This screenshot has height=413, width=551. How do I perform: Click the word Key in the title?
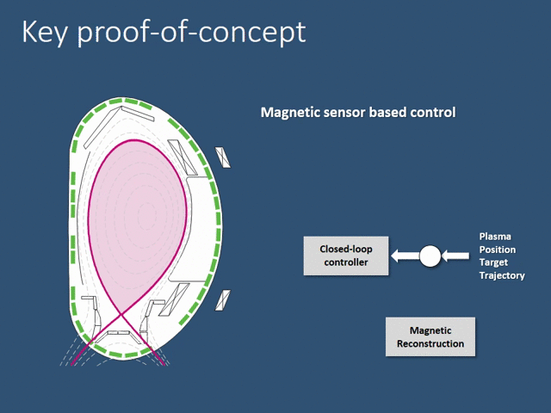pyautogui.click(x=45, y=33)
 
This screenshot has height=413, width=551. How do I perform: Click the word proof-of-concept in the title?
pyautogui.click(x=191, y=34)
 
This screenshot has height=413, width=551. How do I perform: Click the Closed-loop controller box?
pyautogui.click(x=346, y=256)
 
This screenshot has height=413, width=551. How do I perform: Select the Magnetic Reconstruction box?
pyautogui.click(x=430, y=336)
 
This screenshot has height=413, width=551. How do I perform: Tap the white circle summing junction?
pyautogui.click(x=430, y=256)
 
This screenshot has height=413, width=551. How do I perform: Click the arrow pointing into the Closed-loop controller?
pyautogui.click(x=406, y=256)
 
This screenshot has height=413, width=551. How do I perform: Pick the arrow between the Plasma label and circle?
pyautogui.click(x=455, y=256)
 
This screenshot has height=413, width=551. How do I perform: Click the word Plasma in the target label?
pyautogui.click(x=495, y=237)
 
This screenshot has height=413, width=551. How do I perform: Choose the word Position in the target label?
pyautogui.click(x=498, y=250)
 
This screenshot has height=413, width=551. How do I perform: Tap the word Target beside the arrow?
pyautogui.click(x=493, y=262)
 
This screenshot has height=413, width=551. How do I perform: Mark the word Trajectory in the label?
pyautogui.click(x=502, y=275)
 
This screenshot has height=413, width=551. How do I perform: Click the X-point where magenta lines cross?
pyautogui.click(x=121, y=314)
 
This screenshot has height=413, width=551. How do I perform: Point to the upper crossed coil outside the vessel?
pyautogui.click(x=223, y=157)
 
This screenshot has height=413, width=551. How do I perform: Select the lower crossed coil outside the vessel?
pyautogui.click(x=223, y=300)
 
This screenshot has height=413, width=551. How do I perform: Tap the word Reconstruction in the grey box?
pyautogui.click(x=430, y=343)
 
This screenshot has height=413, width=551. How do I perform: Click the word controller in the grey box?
pyautogui.click(x=346, y=262)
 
